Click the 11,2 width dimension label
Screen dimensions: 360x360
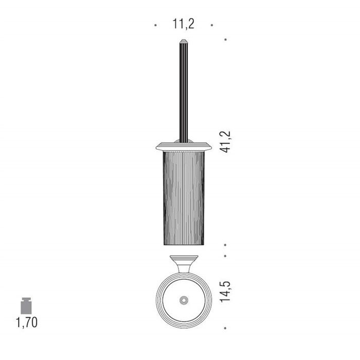[x=183, y=24]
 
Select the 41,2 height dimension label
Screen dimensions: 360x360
[x=225, y=141]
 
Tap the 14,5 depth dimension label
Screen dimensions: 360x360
[x=225, y=292]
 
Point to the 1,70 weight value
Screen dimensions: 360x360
[x=27, y=322]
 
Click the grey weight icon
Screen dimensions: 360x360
[x=26, y=305]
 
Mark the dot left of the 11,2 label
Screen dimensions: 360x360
[x=156, y=25]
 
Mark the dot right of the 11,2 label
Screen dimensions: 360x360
[x=212, y=25]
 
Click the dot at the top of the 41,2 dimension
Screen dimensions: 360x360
[x=225, y=40]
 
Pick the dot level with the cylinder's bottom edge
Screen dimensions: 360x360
[x=225, y=245]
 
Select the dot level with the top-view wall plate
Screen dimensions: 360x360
[x=225, y=256]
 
